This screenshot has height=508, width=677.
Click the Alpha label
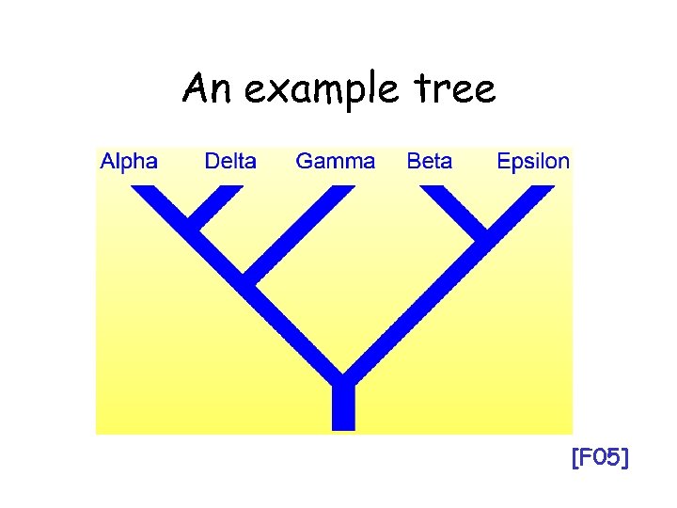click(x=129, y=161)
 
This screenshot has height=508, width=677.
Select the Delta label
click(x=230, y=161)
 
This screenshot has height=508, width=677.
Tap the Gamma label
click(x=335, y=161)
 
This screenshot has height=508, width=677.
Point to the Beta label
click(x=430, y=161)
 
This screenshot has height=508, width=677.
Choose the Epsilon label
click(x=533, y=161)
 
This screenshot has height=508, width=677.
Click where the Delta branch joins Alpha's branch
click(x=195, y=225)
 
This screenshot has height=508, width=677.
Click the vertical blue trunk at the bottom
click(x=343, y=409)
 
